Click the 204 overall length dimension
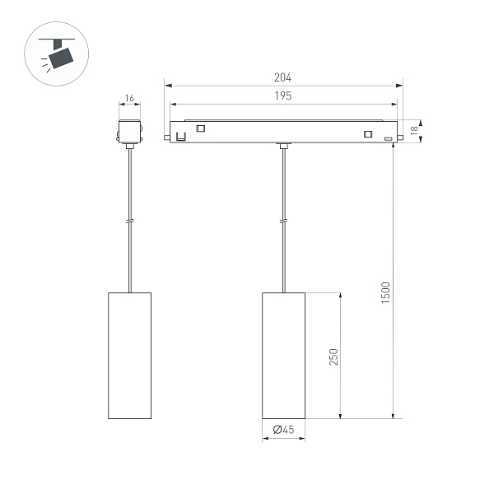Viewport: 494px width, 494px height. [284, 77]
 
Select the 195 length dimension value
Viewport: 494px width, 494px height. [284, 96]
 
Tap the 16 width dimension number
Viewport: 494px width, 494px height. [129, 99]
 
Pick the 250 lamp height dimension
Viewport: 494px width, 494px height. [333, 355]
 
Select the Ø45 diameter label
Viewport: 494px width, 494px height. [282, 429]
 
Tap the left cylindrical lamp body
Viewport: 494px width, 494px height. [129, 355]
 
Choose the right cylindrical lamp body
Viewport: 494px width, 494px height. [283, 355]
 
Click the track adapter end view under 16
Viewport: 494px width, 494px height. [129, 133]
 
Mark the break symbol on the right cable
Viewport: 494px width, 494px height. [283, 221]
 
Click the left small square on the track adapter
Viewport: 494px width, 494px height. [200, 128]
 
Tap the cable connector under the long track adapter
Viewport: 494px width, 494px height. [283, 147]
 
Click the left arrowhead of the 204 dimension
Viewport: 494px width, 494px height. [167, 84]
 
